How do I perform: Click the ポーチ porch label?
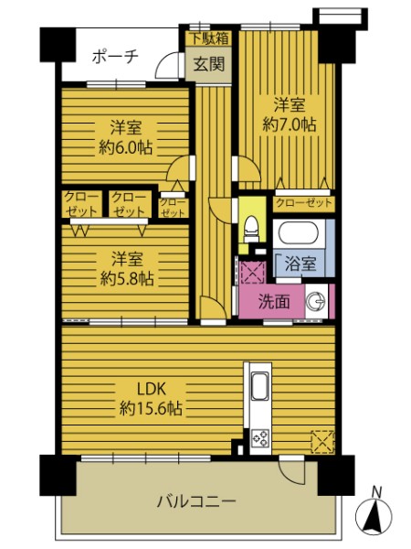click(116, 57)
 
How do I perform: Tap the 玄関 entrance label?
click(208, 64)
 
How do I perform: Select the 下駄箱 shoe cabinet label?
click(209, 38)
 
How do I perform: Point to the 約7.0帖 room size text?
click(290, 124)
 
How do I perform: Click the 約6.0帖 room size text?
click(125, 147)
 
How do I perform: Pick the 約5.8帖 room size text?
click(127, 279)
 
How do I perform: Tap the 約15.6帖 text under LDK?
click(151, 408)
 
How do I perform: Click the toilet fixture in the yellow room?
click(251, 229)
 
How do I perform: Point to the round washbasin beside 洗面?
click(316, 301)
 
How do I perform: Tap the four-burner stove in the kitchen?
click(260, 438)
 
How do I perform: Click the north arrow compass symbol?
click(374, 517)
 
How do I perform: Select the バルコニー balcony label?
click(196, 501)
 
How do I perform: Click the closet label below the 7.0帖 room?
click(304, 203)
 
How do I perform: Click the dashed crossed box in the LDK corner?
click(322, 442)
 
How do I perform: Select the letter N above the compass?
click(376, 492)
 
